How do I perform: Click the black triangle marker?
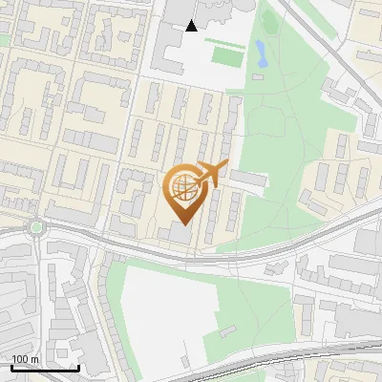tap(192, 26)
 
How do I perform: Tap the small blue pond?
tap(260, 53)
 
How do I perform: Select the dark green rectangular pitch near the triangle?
tap(225, 56)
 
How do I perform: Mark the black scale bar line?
tap(45, 368)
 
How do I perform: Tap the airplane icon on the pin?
tap(212, 174)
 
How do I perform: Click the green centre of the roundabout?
tap(37, 227)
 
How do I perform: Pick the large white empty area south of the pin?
tap(162, 306)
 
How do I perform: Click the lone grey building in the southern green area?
tap(228, 331)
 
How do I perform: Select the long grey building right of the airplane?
tap(247, 180)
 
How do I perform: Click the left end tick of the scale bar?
tap(11, 366)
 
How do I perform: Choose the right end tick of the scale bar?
tap(78, 366)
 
